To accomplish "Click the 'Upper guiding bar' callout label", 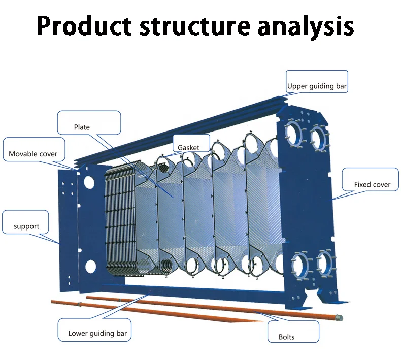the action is pos(317,86).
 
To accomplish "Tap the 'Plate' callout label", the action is pos(82,127).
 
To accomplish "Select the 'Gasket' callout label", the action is pos(188,148).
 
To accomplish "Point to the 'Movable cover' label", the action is pos(33,154).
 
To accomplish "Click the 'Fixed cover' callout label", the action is pos(373,184).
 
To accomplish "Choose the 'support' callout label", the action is pos(26,226).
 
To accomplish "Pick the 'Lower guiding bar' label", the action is pos(97,333).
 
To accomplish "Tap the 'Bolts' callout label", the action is pos(286,337).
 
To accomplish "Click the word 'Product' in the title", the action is pos(84,25).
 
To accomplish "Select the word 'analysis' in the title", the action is pos(306,26).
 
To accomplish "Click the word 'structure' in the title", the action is pos(195,26).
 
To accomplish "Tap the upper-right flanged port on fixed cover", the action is pos(319,138).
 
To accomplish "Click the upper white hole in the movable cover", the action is pos(89,182).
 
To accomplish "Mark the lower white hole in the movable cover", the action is pos(90,266).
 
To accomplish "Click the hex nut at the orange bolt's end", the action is pos(340,318).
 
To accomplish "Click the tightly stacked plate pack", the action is pos(120,220).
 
